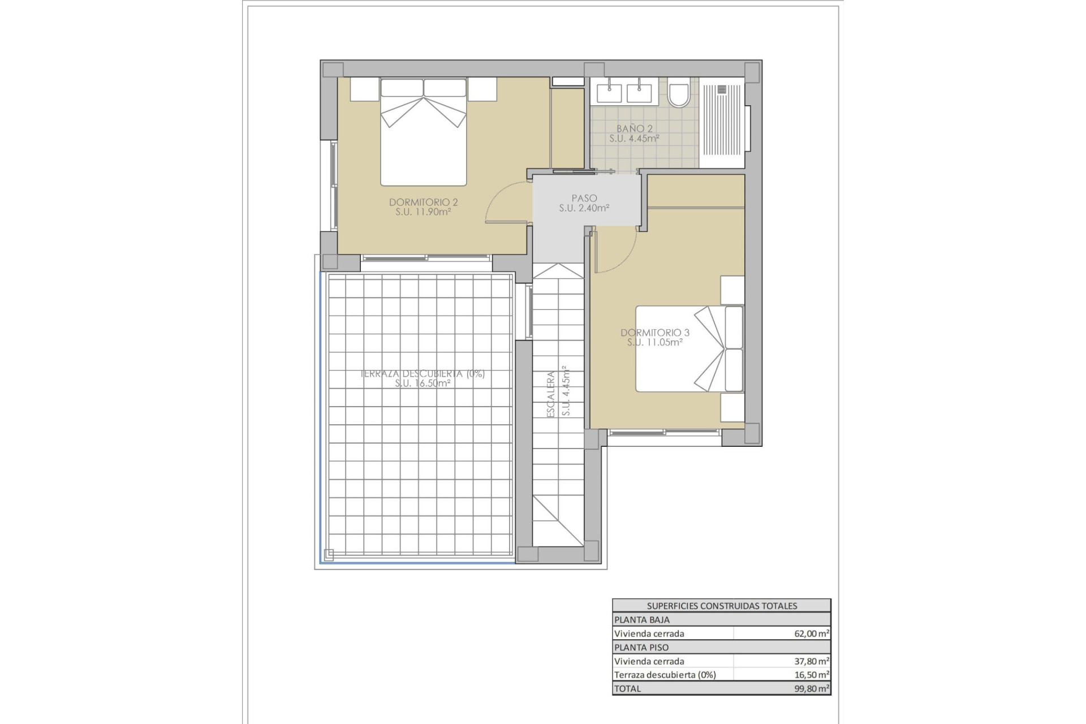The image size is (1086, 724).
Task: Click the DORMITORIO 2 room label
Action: pyautogui.click(x=423, y=202)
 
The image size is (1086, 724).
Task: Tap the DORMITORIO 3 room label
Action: pyautogui.click(x=654, y=333)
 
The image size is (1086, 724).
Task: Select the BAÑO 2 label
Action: pyautogui.click(x=634, y=128)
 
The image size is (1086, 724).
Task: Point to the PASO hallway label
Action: pyautogui.click(x=584, y=199)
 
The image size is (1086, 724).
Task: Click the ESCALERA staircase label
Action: pyautogui.click(x=551, y=394)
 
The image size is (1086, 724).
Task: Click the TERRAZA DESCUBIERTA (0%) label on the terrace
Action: pyautogui.click(x=423, y=374)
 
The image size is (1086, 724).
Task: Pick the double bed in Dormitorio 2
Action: pyautogui.click(x=423, y=133)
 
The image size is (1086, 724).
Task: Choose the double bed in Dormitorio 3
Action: pyautogui.click(x=689, y=349)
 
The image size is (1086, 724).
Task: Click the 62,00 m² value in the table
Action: pyautogui.click(x=811, y=634)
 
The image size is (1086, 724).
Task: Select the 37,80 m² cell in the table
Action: pyautogui.click(x=811, y=661)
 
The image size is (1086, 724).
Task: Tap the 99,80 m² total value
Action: pyautogui.click(x=811, y=689)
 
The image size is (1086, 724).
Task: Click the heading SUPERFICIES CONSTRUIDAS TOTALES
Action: pyautogui.click(x=722, y=606)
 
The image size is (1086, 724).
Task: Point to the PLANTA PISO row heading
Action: pyautogui.click(x=641, y=648)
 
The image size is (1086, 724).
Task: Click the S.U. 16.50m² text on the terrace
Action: pyautogui.click(x=423, y=383)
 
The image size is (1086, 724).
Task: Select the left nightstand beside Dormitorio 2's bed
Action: pyautogui.click(x=364, y=89)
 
